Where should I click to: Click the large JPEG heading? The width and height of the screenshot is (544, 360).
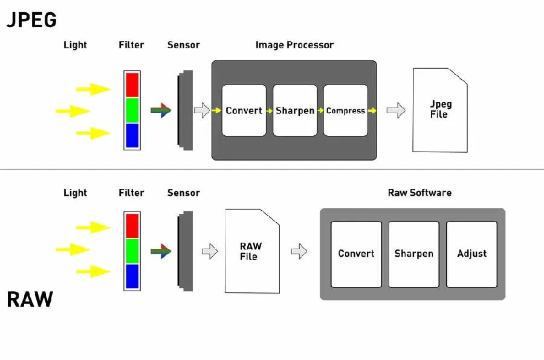pyautogui.click(x=31, y=20)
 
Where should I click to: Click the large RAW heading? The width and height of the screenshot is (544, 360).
pyautogui.click(x=30, y=299)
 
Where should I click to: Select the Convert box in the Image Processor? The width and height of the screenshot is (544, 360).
pyautogui.click(x=244, y=111)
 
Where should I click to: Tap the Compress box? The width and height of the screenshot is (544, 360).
pyautogui.click(x=346, y=111)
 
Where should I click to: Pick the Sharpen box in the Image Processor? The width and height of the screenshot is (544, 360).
pyautogui.click(x=295, y=111)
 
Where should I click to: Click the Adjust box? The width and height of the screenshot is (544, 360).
pyautogui.click(x=471, y=254)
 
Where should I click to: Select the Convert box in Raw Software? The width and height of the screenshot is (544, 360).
pyautogui.click(x=356, y=254)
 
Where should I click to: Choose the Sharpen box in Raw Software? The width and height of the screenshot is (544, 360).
pyautogui.click(x=413, y=254)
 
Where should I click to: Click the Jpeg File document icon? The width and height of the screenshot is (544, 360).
pyautogui.click(x=439, y=110)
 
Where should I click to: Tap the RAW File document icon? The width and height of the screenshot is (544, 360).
pyautogui.click(x=251, y=251)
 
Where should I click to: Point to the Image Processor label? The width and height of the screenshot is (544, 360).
pyautogui.click(x=294, y=45)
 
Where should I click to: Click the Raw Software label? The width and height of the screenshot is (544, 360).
pyautogui.click(x=419, y=193)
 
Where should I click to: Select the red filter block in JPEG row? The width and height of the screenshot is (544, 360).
pyautogui.click(x=132, y=85)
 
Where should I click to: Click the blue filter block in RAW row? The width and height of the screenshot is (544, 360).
pyautogui.click(x=132, y=275)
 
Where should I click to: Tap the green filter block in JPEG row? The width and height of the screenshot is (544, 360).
pyautogui.click(x=132, y=110)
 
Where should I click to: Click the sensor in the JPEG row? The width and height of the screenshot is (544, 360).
pyautogui.click(x=184, y=111)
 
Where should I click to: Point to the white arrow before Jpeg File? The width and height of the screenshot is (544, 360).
pyautogui.click(x=395, y=110)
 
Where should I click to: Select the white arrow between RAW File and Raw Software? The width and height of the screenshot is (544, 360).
pyautogui.click(x=299, y=252)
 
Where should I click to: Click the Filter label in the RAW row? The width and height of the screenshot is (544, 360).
pyautogui.click(x=131, y=193)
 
